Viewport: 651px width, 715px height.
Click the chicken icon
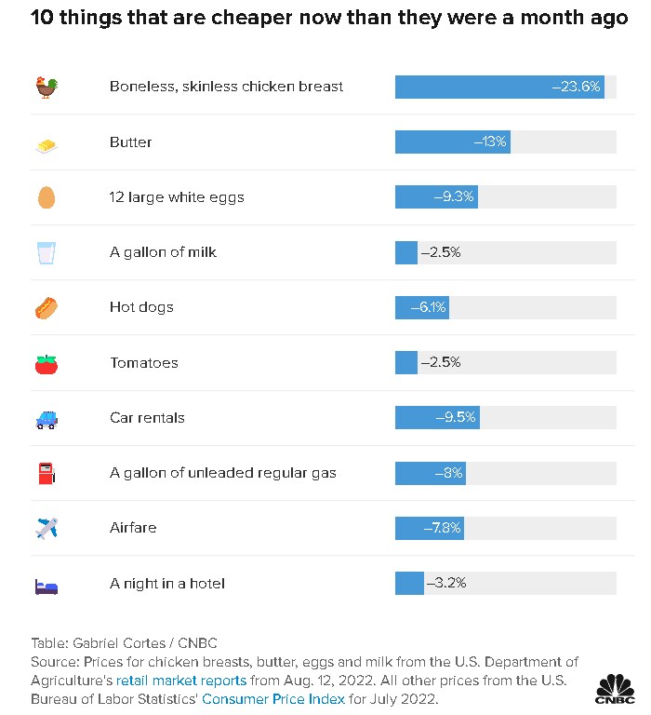(x=46, y=88)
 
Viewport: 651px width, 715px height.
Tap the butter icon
(x=46, y=143)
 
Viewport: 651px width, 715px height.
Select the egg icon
(x=46, y=197)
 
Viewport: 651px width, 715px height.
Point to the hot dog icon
(x=46, y=307)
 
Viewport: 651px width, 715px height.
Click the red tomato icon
(x=46, y=363)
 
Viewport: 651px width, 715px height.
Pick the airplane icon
(x=46, y=528)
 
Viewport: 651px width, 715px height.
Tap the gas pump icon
(x=46, y=473)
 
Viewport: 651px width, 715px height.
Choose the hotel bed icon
(x=46, y=585)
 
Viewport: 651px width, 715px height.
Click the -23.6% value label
(x=577, y=87)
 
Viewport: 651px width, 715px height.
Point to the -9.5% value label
(x=455, y=418)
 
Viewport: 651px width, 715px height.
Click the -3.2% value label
(x=445, y=584)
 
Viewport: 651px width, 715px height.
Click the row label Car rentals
(x=147, y=418)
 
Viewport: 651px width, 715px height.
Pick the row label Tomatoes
(x=143, y=363)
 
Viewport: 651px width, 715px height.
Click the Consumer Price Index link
(x=273, y=699)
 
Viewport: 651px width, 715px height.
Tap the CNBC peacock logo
(x=614, y=689)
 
